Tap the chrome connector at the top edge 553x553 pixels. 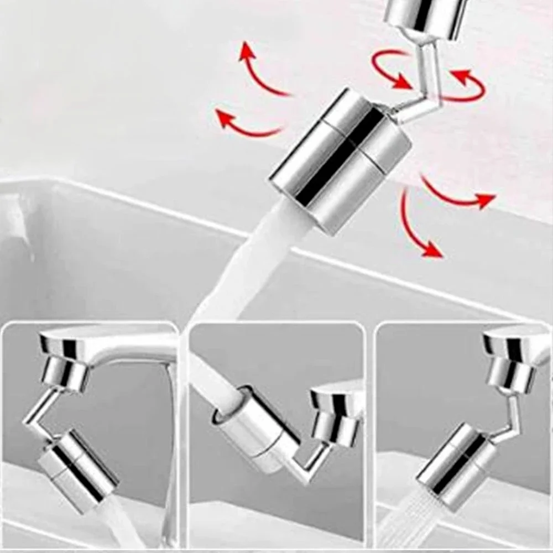(x=426, y=17)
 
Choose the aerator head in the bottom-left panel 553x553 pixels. (x=77, y=465)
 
